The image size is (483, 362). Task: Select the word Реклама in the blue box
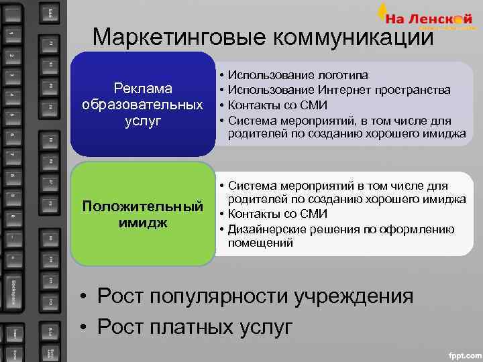click(x=143, y=89)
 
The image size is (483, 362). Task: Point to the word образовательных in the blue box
click(x=143, y=105)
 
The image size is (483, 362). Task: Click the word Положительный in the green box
click(x=143, y=205)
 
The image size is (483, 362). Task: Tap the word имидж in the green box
click(x=143, y=221)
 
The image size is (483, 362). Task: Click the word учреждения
click(x=356, y=296)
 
